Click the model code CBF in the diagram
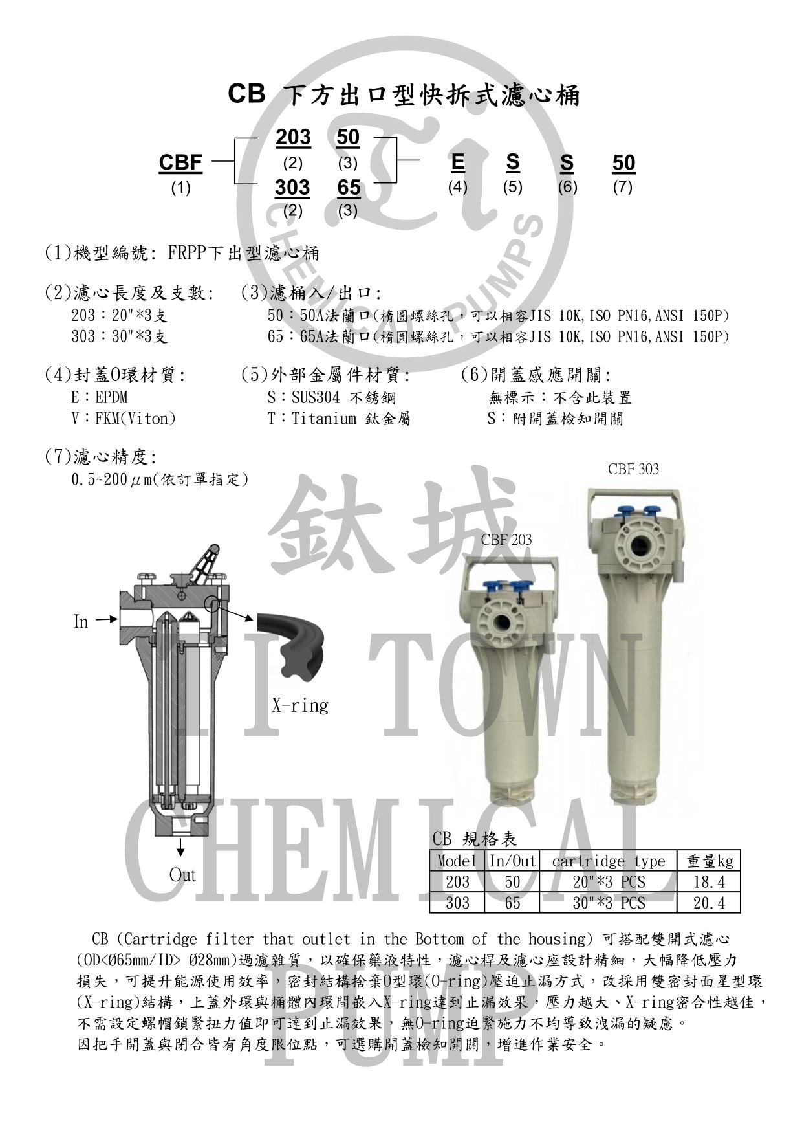point(180,163)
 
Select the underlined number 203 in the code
point(293,137)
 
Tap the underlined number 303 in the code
point(293,188)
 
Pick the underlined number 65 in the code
point(349,188)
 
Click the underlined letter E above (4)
point(458,162)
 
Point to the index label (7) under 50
point(623,187)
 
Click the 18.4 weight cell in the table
point(709,882)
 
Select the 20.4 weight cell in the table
point(709,903)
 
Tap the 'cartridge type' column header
point(608,861)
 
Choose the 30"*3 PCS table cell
point(608,903)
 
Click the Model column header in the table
point(457,861)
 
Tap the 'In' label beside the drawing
point(80,622)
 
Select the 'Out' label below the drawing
point(182,876)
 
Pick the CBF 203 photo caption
point(506,540)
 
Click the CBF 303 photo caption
point(634,469)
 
